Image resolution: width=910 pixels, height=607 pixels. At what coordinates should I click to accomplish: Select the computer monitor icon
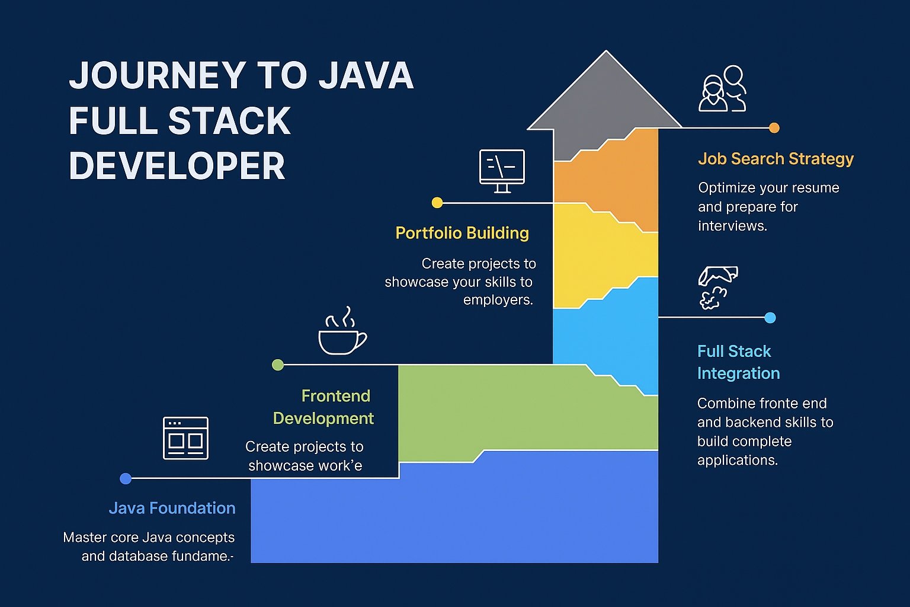(502, 170)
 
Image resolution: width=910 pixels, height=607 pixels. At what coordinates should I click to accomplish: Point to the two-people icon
(722, 89)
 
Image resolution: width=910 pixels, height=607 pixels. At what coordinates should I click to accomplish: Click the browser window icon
(185, 438)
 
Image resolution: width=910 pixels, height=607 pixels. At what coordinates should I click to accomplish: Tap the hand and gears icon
(717, 287)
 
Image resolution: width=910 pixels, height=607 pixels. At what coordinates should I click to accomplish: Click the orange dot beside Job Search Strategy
(774, 127)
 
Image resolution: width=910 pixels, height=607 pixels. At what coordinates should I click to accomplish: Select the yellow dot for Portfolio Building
(437, 203)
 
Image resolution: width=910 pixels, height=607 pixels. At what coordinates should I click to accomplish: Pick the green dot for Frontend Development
(277, 365)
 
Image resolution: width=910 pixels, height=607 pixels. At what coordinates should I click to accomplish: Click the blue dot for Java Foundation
(126, 478)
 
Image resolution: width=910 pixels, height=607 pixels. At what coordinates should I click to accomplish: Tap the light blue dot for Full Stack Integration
(770, 318)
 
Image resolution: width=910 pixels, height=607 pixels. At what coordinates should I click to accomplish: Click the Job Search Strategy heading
(776, 159)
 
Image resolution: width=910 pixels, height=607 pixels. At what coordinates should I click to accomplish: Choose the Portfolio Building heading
(462, 233)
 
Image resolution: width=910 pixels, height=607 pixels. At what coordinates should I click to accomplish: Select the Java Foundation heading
(172, 508)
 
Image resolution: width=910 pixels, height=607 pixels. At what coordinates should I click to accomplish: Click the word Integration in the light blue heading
(738, 373)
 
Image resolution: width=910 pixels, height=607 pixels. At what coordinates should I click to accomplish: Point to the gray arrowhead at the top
(605, 95)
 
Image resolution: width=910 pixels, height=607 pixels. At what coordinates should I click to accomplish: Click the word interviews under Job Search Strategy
(732, 226)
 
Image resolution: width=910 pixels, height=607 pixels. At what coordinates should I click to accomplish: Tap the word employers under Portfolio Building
(497, 300)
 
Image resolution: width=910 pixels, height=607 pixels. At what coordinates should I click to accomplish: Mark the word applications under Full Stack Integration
(737, 460)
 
